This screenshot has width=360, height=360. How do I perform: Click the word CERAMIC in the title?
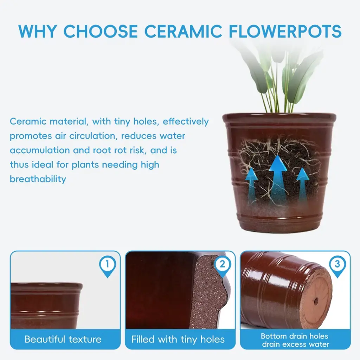pos(183,31)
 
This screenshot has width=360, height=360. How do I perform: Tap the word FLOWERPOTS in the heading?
pos(285,31)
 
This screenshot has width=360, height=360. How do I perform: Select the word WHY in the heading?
pos(37,31)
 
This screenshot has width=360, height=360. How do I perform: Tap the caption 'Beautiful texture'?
pos(63,339)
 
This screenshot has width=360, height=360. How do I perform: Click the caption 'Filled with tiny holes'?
pos(178,339)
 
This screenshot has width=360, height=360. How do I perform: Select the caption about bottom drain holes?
pos(295,340)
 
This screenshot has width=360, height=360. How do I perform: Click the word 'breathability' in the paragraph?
pos(38,179)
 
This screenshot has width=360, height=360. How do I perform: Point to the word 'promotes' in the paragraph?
pos(31,136)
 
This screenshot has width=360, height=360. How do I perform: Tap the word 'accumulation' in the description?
pos(40,150)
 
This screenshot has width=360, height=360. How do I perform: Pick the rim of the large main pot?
pos(279,117)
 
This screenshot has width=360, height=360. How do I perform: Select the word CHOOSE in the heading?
pos(101,31)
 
